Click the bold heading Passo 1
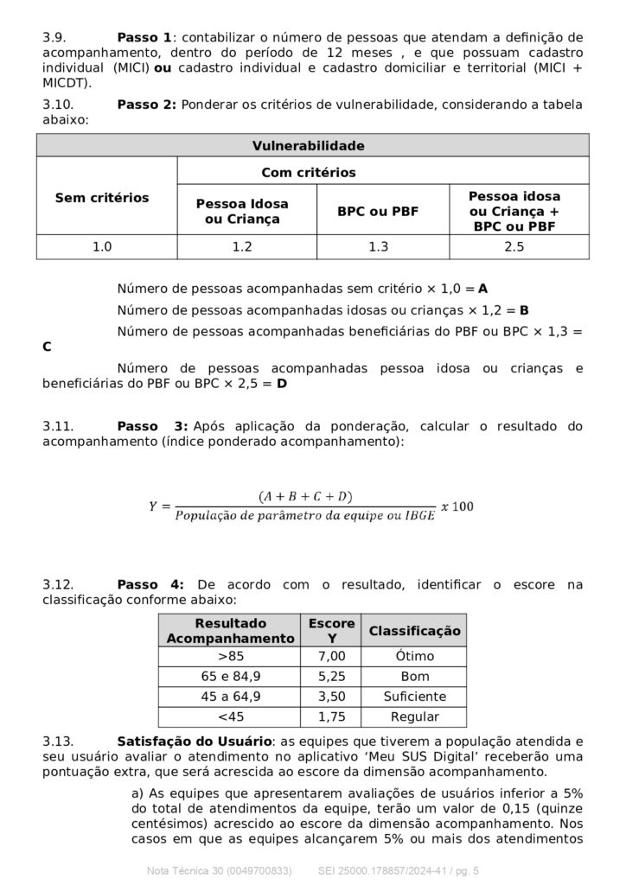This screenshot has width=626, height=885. click(144, 37)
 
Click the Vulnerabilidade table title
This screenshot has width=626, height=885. click(308, 145)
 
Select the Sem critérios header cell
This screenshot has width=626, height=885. click(102, 198)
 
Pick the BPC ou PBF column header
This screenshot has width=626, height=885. click(377, 211)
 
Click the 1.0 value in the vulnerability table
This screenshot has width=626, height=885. click(102, 247)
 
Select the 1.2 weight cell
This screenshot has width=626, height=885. click(242, 247)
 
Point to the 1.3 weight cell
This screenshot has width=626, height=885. click(377, 247)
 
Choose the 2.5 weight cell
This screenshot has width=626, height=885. click(514, 247)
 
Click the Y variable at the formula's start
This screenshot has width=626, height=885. click(153, 506)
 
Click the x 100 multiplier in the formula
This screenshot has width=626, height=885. click(457, 506)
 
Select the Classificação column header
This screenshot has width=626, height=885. click(414, 631)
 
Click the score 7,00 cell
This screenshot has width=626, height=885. click(332, 655)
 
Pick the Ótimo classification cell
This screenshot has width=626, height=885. click(414, 655)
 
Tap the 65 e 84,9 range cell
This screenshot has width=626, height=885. click(230, 676)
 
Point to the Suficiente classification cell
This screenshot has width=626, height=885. click(414, 697)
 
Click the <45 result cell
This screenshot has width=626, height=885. click(230, 716)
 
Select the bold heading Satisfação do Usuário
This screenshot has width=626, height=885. click(195, 741)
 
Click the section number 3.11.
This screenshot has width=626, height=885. click(59, 426)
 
